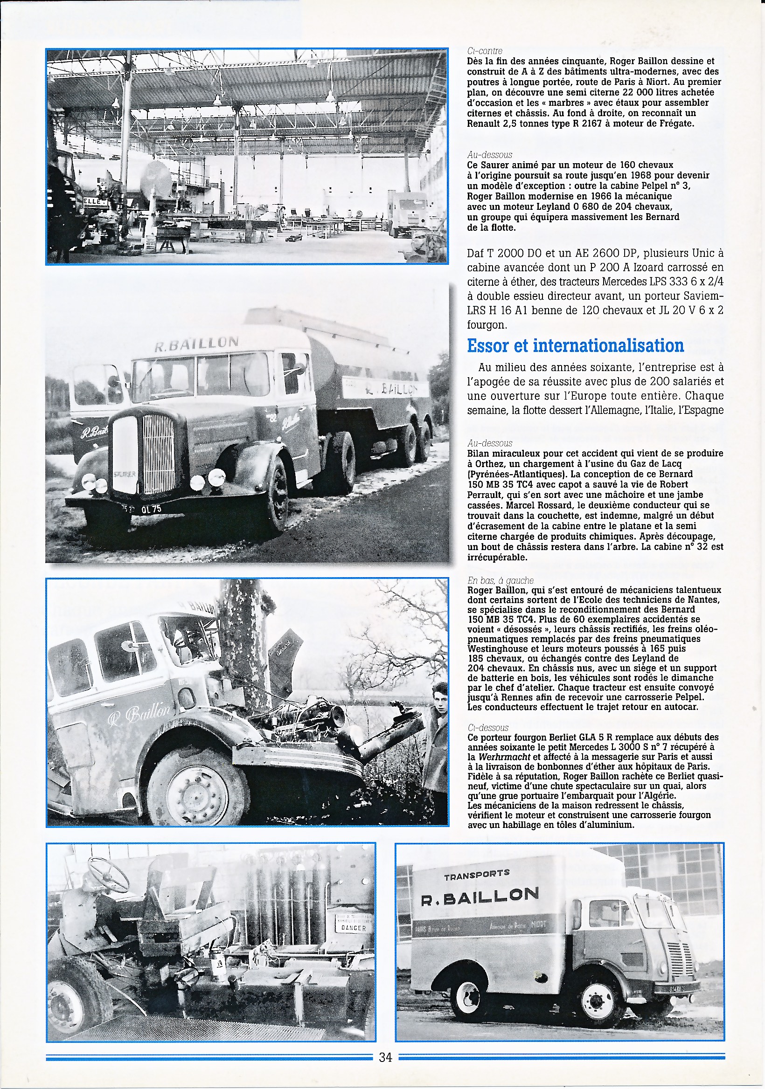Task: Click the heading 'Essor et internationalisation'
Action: tap(575, 346)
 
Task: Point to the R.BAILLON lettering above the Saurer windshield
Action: tap(196, 343)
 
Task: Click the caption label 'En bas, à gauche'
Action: tap(500, 580)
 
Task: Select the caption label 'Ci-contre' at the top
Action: tap(485, 51)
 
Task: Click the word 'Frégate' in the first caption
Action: tap(675, 124)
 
